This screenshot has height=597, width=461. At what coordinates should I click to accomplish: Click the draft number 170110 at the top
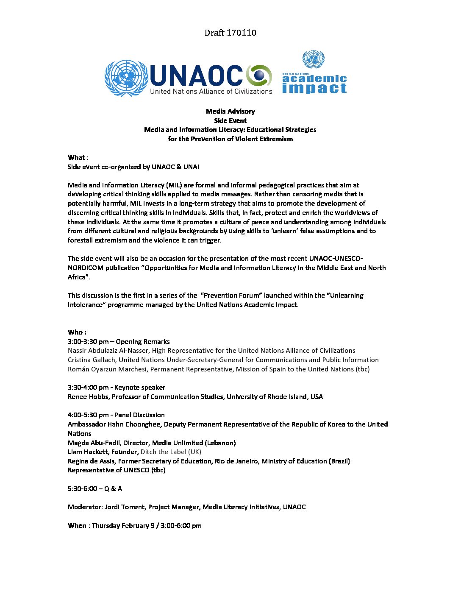point(241,33)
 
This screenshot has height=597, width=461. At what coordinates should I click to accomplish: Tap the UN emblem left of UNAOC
point(126,78)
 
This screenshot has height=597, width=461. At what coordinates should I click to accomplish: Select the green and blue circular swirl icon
point(259,76)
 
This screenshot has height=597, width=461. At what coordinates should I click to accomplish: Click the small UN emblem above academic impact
point(314,59)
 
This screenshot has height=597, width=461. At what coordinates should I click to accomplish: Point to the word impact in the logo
point(314,88)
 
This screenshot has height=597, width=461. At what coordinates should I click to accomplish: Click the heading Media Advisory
point(230,111)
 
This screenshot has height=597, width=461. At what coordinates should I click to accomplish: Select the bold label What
point(76,157)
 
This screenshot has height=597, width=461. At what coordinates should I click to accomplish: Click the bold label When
point(77,525)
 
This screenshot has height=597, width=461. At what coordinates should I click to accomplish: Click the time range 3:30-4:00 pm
point(88,387)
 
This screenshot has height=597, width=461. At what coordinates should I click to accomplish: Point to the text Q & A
point(113,488)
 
